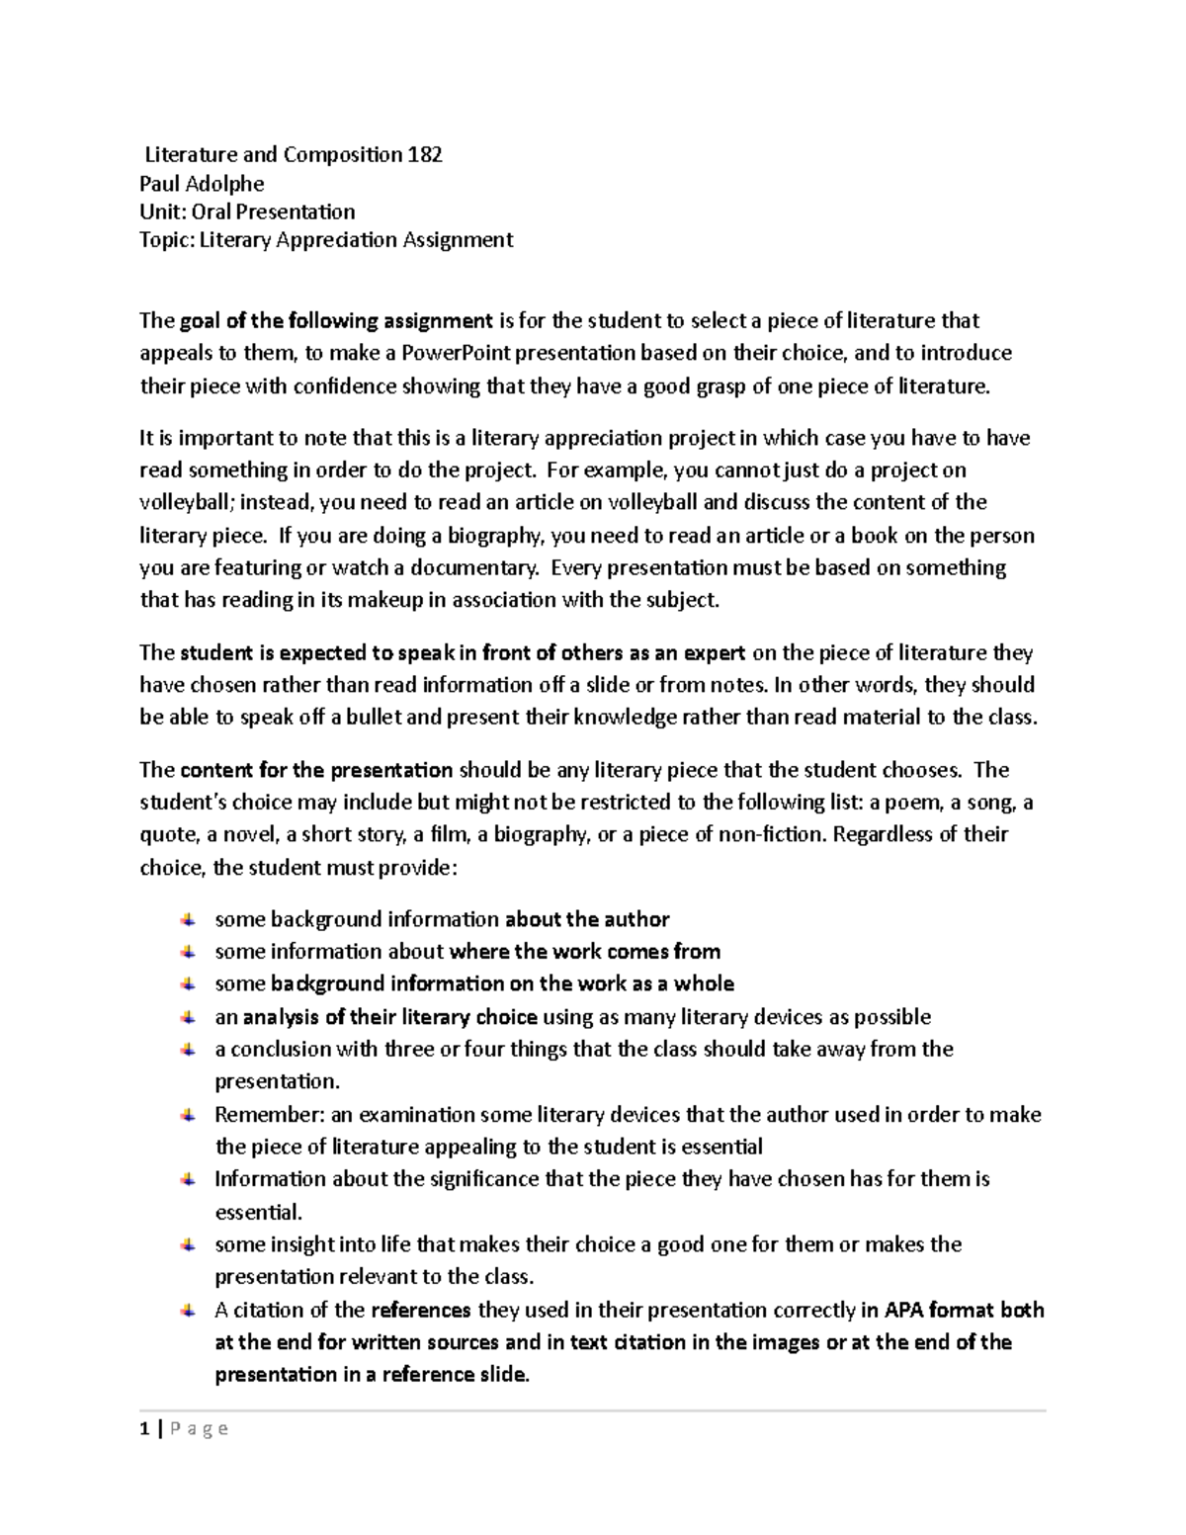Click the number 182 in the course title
point(425,154)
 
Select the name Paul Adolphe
point(202,183)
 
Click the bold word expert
point(717,652)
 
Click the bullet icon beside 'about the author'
point(188,919)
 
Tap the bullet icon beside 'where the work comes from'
point(188,952)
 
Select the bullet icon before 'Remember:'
point(188,1115)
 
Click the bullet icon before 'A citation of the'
point(188,1311)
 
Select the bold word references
point(421,1311)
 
